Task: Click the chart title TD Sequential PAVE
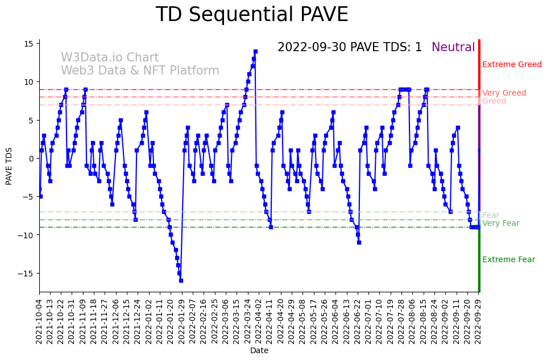(251, 15)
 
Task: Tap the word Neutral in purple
(453, 47)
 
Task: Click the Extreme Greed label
(512, 64)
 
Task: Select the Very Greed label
(504, 93)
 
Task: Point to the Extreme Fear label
(508, 259)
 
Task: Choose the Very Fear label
(500, 223)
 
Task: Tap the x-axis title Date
(259, 351)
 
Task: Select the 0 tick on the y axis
(32, 159)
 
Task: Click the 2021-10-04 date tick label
(39, 320)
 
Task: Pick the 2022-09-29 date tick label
(478, 320)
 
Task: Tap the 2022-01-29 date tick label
(182, 320)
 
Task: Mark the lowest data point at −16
(181, 280)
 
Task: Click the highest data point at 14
(255, 52)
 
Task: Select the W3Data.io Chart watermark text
(110, 57)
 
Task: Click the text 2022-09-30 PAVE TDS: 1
(350, 47)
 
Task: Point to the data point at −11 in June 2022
(359, 242)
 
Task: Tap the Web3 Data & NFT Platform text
(140, 71)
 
